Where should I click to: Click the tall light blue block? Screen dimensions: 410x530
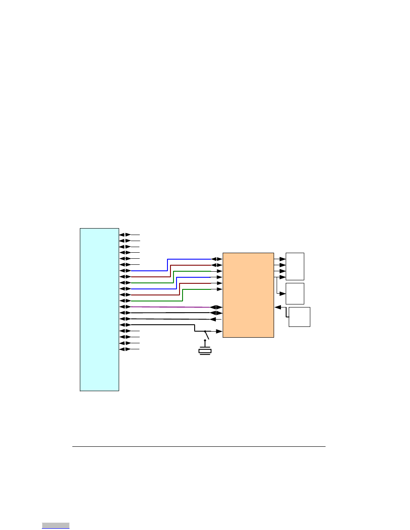pos(99,309)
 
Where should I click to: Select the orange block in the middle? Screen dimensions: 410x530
pos(248,295)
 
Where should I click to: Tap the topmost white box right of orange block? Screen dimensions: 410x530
pos(295,266)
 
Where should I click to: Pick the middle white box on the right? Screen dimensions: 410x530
pos(295,293)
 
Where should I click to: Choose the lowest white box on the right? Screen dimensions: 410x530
pos(299,317)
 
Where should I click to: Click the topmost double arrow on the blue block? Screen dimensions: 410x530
pos(125,235)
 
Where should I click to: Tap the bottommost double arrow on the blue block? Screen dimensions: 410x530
pos(125,349)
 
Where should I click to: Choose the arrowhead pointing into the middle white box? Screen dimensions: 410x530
pos(283,293)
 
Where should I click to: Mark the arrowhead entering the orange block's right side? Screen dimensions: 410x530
pos(277,307)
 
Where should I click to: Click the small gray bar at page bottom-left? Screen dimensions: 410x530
pos(56,525)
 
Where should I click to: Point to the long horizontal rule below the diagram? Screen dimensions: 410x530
pos(199,447)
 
